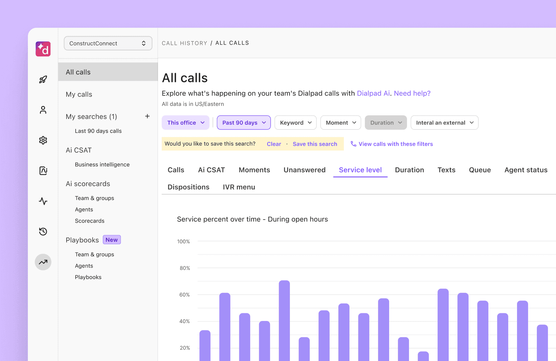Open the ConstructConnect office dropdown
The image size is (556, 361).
pyautogui.click(x=108, y=43)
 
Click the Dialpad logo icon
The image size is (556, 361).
pyautogui.click(x=43, y=49)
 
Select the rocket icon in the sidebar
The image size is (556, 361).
pyautogui.click(x=43, y=79)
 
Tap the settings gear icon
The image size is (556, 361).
pyautogui.click(x=43, y=140)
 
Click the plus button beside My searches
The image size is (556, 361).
pyautogui.click(x=147, y=116)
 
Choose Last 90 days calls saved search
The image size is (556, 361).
pyautogui.click(x=98, y=131)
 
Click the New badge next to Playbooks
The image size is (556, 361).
pyautogui.click(x=111, y=240)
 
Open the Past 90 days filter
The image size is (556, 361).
pyautogui.click(x=244, y=123)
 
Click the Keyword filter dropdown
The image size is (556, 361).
pyautogui.click(x=295, y=123)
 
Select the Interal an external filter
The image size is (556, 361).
pyautogui.click(x=444, y=123)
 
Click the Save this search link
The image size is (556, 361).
pyautogui.click(x=315, y=144)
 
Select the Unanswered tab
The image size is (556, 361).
pyautogui.click(x=304, y=170)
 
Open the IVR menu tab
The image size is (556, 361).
pyautogui.click(x=239, y=187)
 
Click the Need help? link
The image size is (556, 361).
pyautogui.click(x=412, y=93)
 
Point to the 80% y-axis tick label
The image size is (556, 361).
pyautogui.click(x=185, y=268)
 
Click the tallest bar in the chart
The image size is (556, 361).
pyautogui.click(x=284, y=321)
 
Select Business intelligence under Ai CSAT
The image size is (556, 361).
pyautogui.click(x=102, y=164)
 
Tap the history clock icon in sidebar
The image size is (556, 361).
pyautogui.click(x=43, y=231)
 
